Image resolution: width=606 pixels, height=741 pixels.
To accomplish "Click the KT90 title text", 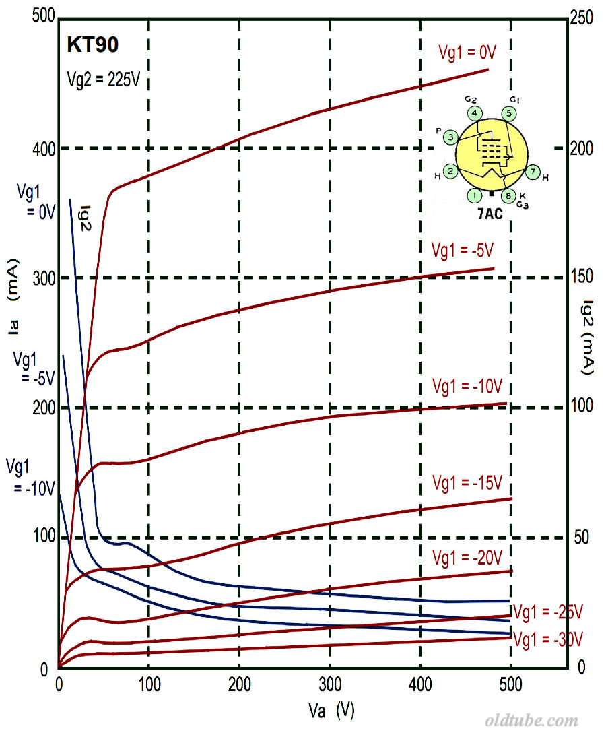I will [93, 45].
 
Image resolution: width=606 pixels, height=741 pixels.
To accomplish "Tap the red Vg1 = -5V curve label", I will [463, 249].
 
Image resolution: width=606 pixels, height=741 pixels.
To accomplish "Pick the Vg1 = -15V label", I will [468, 483].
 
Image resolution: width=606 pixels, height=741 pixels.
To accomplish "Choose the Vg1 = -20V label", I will [467, 558].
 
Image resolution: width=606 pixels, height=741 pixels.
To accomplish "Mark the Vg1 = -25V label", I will [547, 612].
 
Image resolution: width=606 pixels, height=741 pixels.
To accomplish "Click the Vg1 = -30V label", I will [547, 638].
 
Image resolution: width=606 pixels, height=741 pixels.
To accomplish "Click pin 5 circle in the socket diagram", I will [510, 113].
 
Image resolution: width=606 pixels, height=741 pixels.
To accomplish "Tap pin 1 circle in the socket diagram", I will [475, 196].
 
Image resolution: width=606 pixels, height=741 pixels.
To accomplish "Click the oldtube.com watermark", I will [531, 721].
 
